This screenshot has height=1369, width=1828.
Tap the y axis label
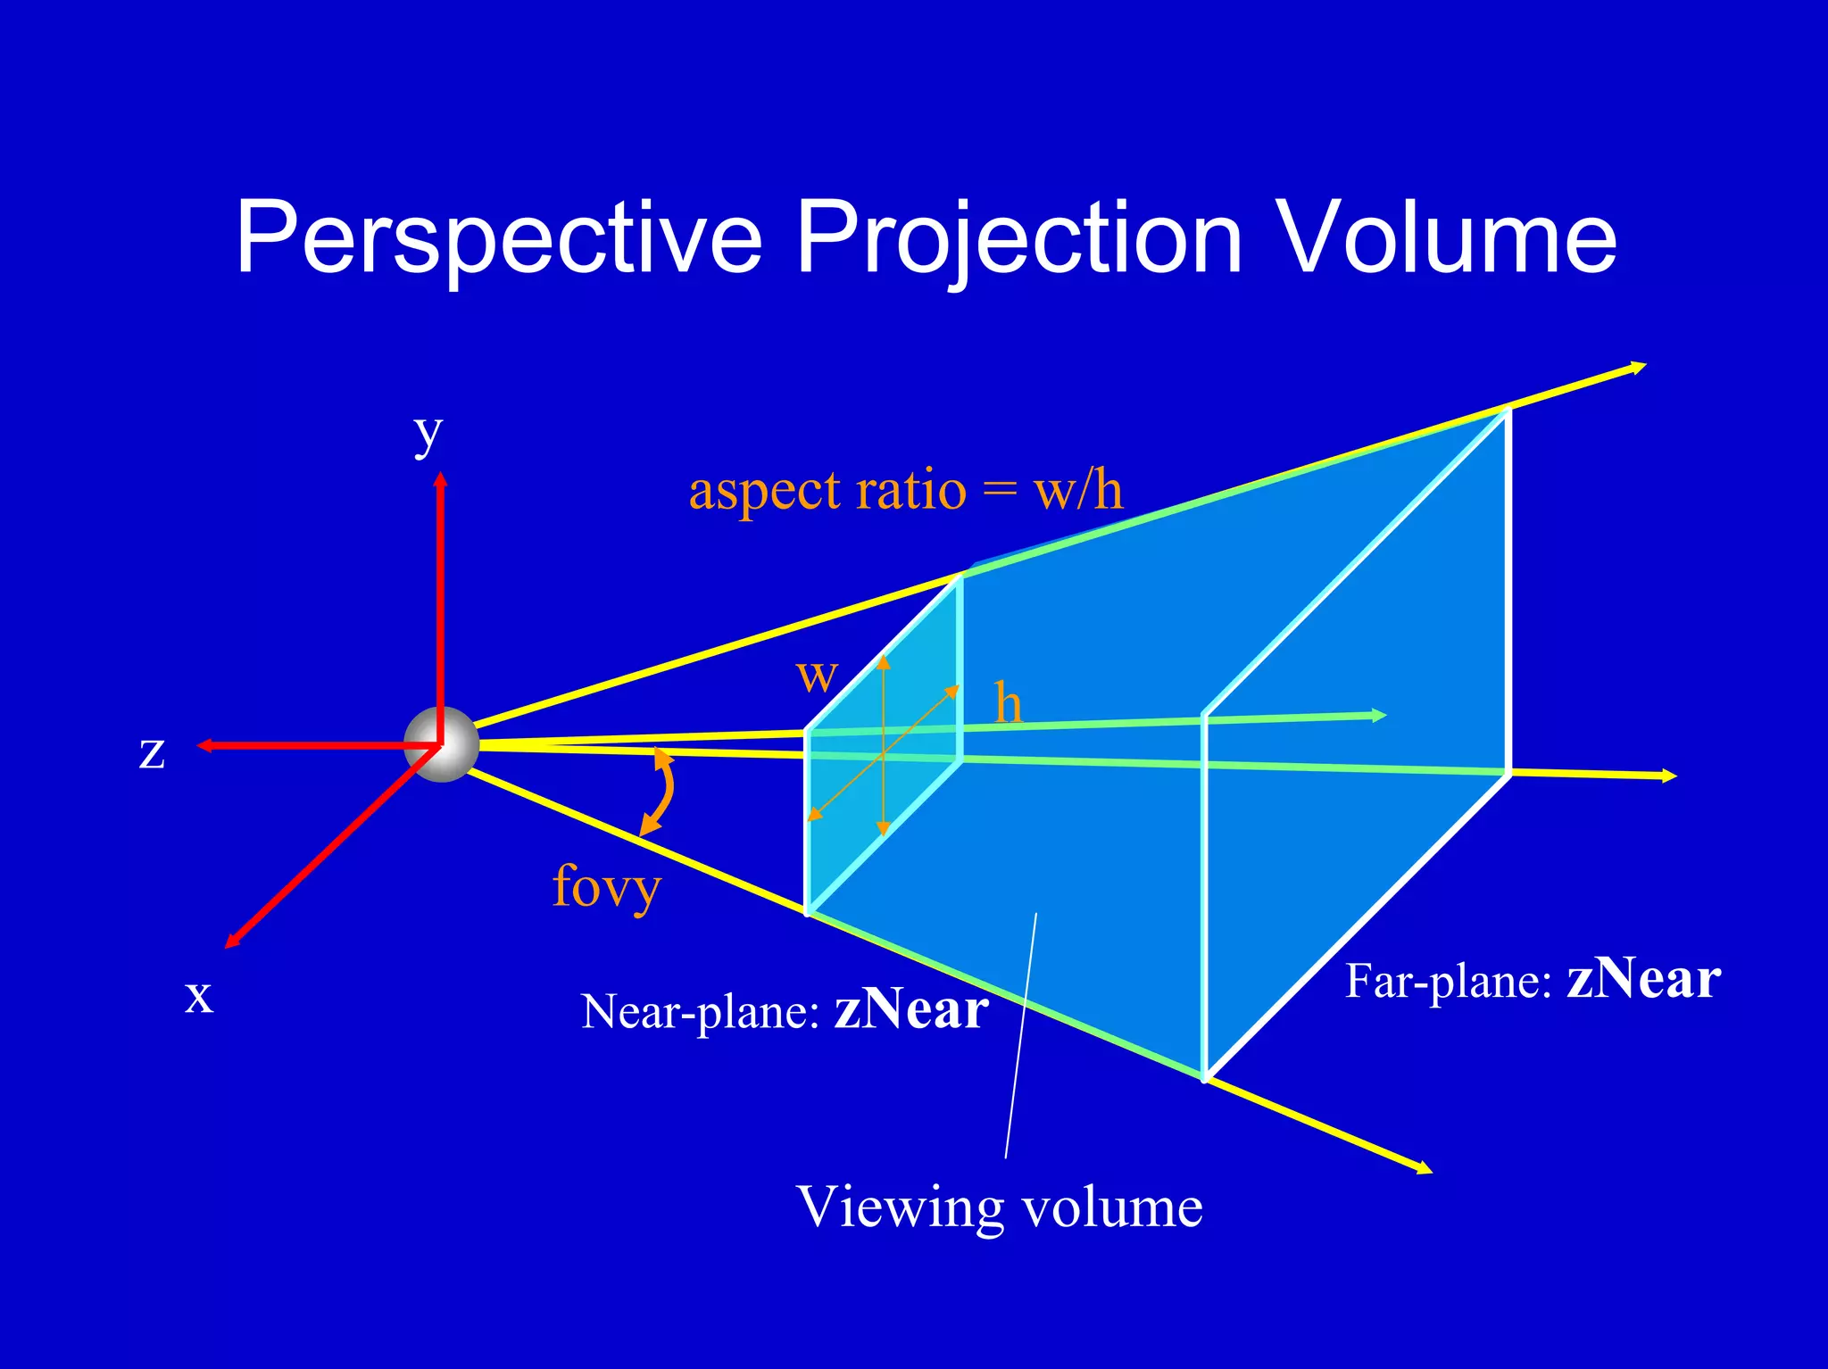[x=428, y=435]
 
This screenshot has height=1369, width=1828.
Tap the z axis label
[x=152, y=751]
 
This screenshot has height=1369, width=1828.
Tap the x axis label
[x=198, y=995]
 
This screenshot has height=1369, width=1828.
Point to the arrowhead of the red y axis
[x=440, y=480]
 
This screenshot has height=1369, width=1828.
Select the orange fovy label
[x=606, y=886]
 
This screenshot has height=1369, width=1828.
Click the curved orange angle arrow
[x=666, y=791]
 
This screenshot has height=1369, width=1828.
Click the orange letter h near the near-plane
[x=1008, y=703]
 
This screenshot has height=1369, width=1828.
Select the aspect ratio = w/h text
[x=905, y=491]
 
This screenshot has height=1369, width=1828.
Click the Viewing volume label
[x=999, y=1207]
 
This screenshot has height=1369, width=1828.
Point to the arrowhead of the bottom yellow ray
[x=1425, y=1169]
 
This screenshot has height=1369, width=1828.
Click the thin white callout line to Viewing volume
[x=1021, y=1035]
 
